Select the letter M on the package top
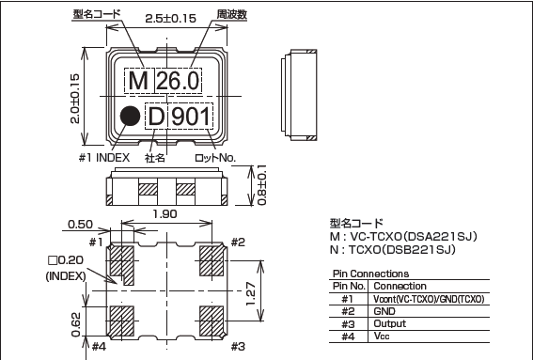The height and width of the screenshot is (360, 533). (138, 82)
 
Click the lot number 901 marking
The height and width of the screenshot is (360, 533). (192, 118)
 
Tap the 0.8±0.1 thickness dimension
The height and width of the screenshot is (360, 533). (261, 186)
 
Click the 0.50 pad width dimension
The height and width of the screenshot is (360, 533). (79, 225)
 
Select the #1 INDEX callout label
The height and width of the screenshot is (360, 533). (104, 158)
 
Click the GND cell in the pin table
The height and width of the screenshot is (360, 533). (384, 310)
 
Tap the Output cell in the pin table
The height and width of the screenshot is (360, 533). (389, 322)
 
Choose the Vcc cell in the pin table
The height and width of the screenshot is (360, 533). (382, 336)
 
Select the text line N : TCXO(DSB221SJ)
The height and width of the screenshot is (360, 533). (392, 249)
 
